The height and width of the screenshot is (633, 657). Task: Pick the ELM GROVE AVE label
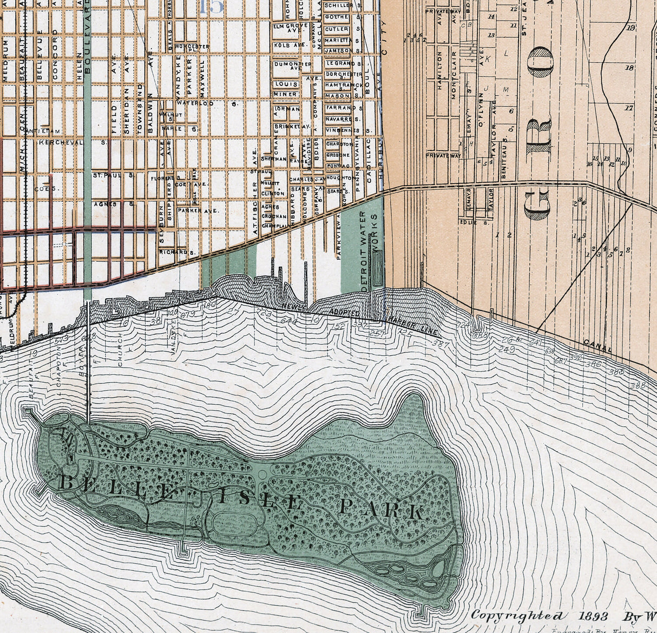click(x=287, y=28)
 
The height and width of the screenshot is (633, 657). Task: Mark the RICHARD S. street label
click(x=176, y=252)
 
